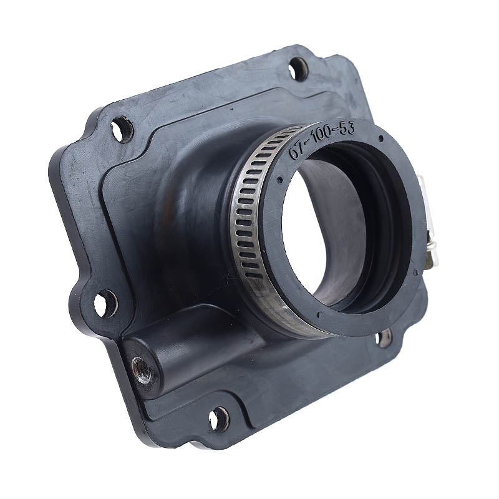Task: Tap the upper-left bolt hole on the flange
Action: tap(122, 129)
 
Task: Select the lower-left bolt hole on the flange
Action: tap(105, 303)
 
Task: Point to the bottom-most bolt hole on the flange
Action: tap(219, 419)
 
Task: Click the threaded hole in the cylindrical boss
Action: tap(142, 370)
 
